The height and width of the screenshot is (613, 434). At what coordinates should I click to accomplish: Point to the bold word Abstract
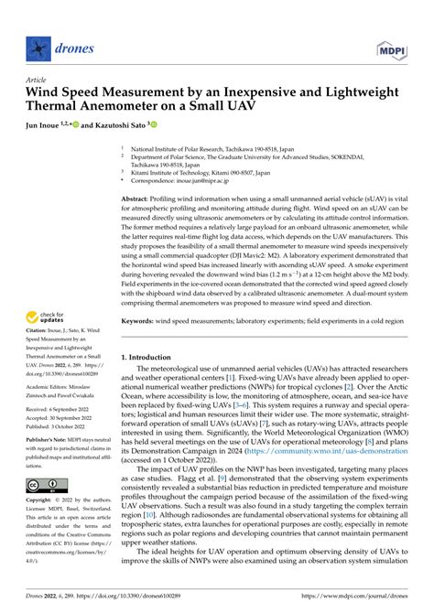tap(137, 199)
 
